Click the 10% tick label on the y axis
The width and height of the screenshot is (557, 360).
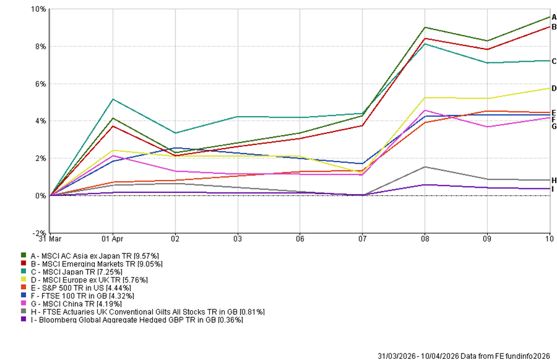tap(38, 9)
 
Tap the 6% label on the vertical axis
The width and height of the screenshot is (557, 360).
tap(40, 84)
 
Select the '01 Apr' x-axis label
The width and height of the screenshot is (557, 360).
tap(113, 239)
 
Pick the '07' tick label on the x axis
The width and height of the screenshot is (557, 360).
tap(363, 239)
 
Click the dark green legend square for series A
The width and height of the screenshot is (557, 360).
tap(24, 255)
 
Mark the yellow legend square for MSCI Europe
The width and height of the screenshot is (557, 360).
tap(24, 279)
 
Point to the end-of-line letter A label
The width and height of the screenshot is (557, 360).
tap(553, 17)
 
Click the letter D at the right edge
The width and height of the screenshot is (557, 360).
tap(553, 88)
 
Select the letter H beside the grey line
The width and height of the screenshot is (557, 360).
tap(553, 180)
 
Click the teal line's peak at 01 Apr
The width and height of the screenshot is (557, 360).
tap(113, 99)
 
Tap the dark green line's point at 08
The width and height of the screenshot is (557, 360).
tap(425, 27)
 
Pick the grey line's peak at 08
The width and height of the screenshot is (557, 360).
tap(425, 167)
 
